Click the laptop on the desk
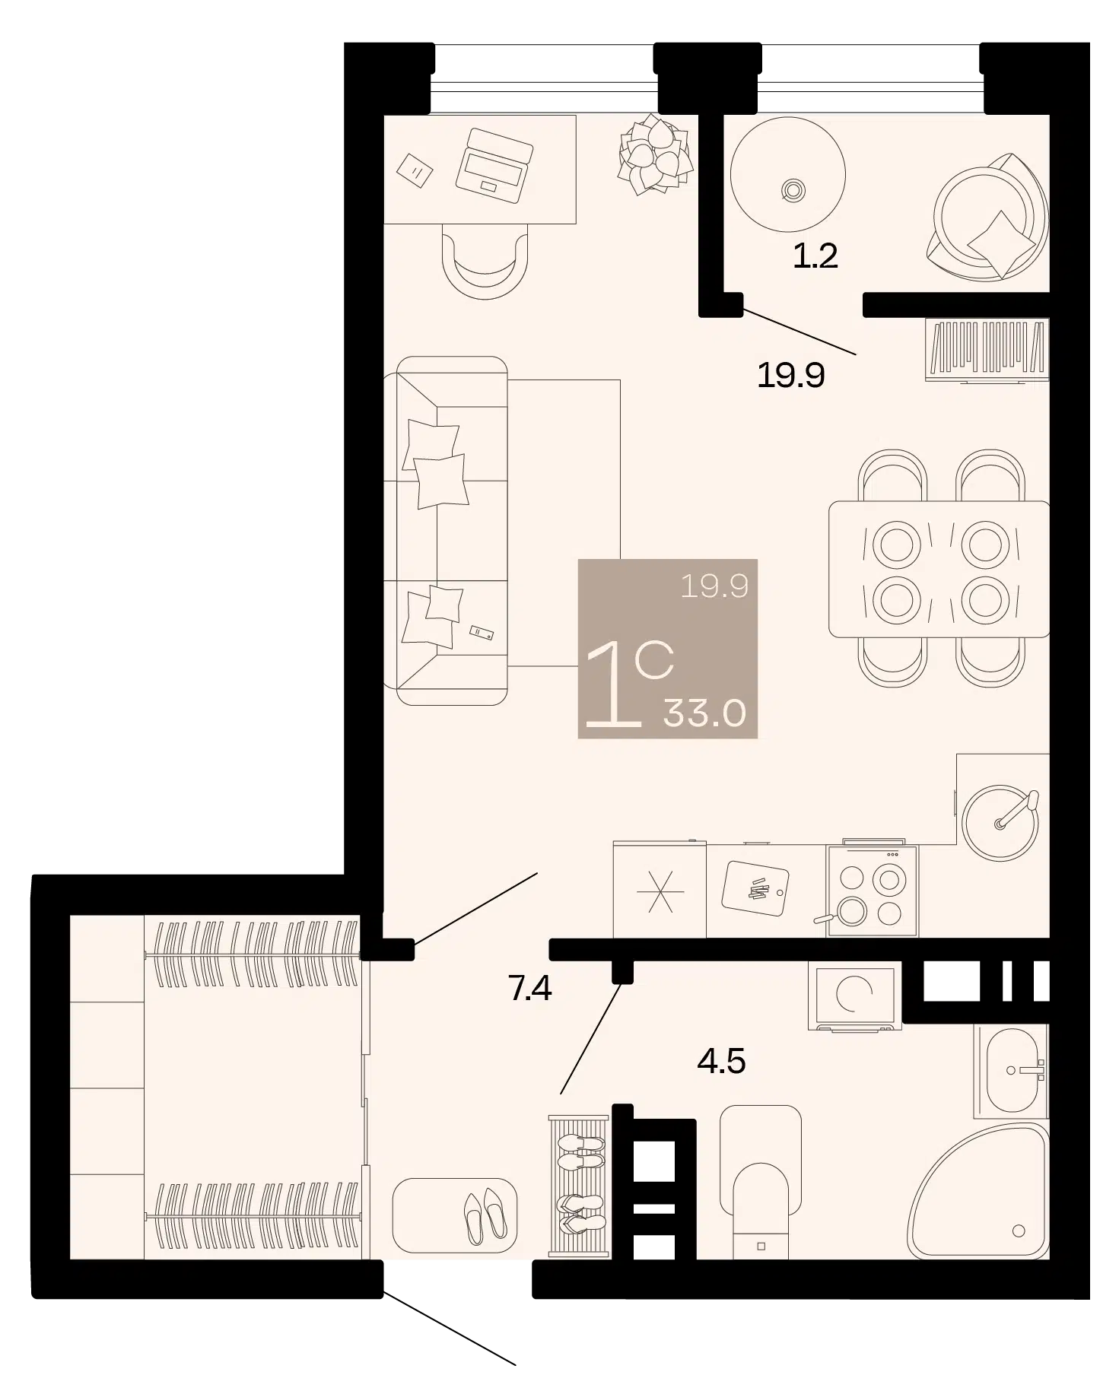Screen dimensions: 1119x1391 494,165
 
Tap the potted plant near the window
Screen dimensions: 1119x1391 655,154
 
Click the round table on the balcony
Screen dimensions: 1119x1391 788,174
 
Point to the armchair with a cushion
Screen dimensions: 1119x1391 987,217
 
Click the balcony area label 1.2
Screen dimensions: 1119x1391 815,256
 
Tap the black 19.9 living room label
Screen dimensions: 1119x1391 791,375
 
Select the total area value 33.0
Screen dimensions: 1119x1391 704,713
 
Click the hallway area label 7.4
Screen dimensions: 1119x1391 529,988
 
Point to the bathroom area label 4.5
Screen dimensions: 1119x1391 721,1060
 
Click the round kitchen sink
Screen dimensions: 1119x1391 1000,821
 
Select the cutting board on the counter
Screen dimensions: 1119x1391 755,888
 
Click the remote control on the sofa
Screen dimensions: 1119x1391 481,631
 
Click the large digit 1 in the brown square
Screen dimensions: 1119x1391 612,684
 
